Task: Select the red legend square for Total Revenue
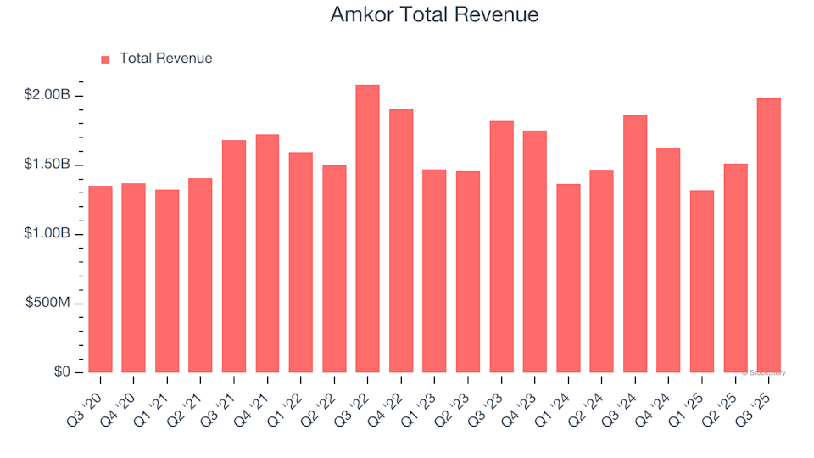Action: click(106, 59)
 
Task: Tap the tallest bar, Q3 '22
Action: click(368, 229)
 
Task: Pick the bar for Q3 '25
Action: click(769, 236)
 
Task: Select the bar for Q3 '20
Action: click(100, 279)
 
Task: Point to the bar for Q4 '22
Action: click(401, 241)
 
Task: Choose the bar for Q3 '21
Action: click(234, 256)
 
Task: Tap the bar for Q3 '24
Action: click(635, 244)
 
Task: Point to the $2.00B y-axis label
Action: click(47, 95)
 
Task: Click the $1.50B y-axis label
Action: click(47, 165)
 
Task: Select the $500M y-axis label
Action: click(49, 304)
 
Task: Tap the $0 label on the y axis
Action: click(63, 372)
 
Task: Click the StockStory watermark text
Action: click(765, 372)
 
